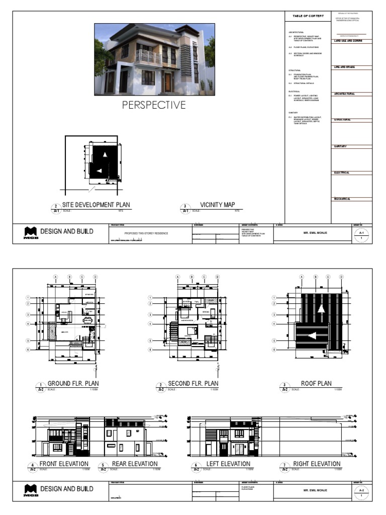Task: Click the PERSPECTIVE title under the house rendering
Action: click(x=154, y=105)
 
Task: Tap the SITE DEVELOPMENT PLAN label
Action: click(x=95, y=205)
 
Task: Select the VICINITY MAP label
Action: click(x=217, y=205)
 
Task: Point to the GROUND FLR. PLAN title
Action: click(x=73, y=384)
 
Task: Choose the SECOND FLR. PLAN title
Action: click(x=193, y=384)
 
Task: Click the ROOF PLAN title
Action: click(x=316, y=384)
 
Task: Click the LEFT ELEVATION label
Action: click(x=228, y=464)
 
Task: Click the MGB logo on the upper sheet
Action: click(x=30, y=233)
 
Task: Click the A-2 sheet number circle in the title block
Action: click(x=361, y=491)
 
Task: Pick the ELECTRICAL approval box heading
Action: click(x=342, y=173)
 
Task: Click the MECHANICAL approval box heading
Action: click(x=342, y=199)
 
